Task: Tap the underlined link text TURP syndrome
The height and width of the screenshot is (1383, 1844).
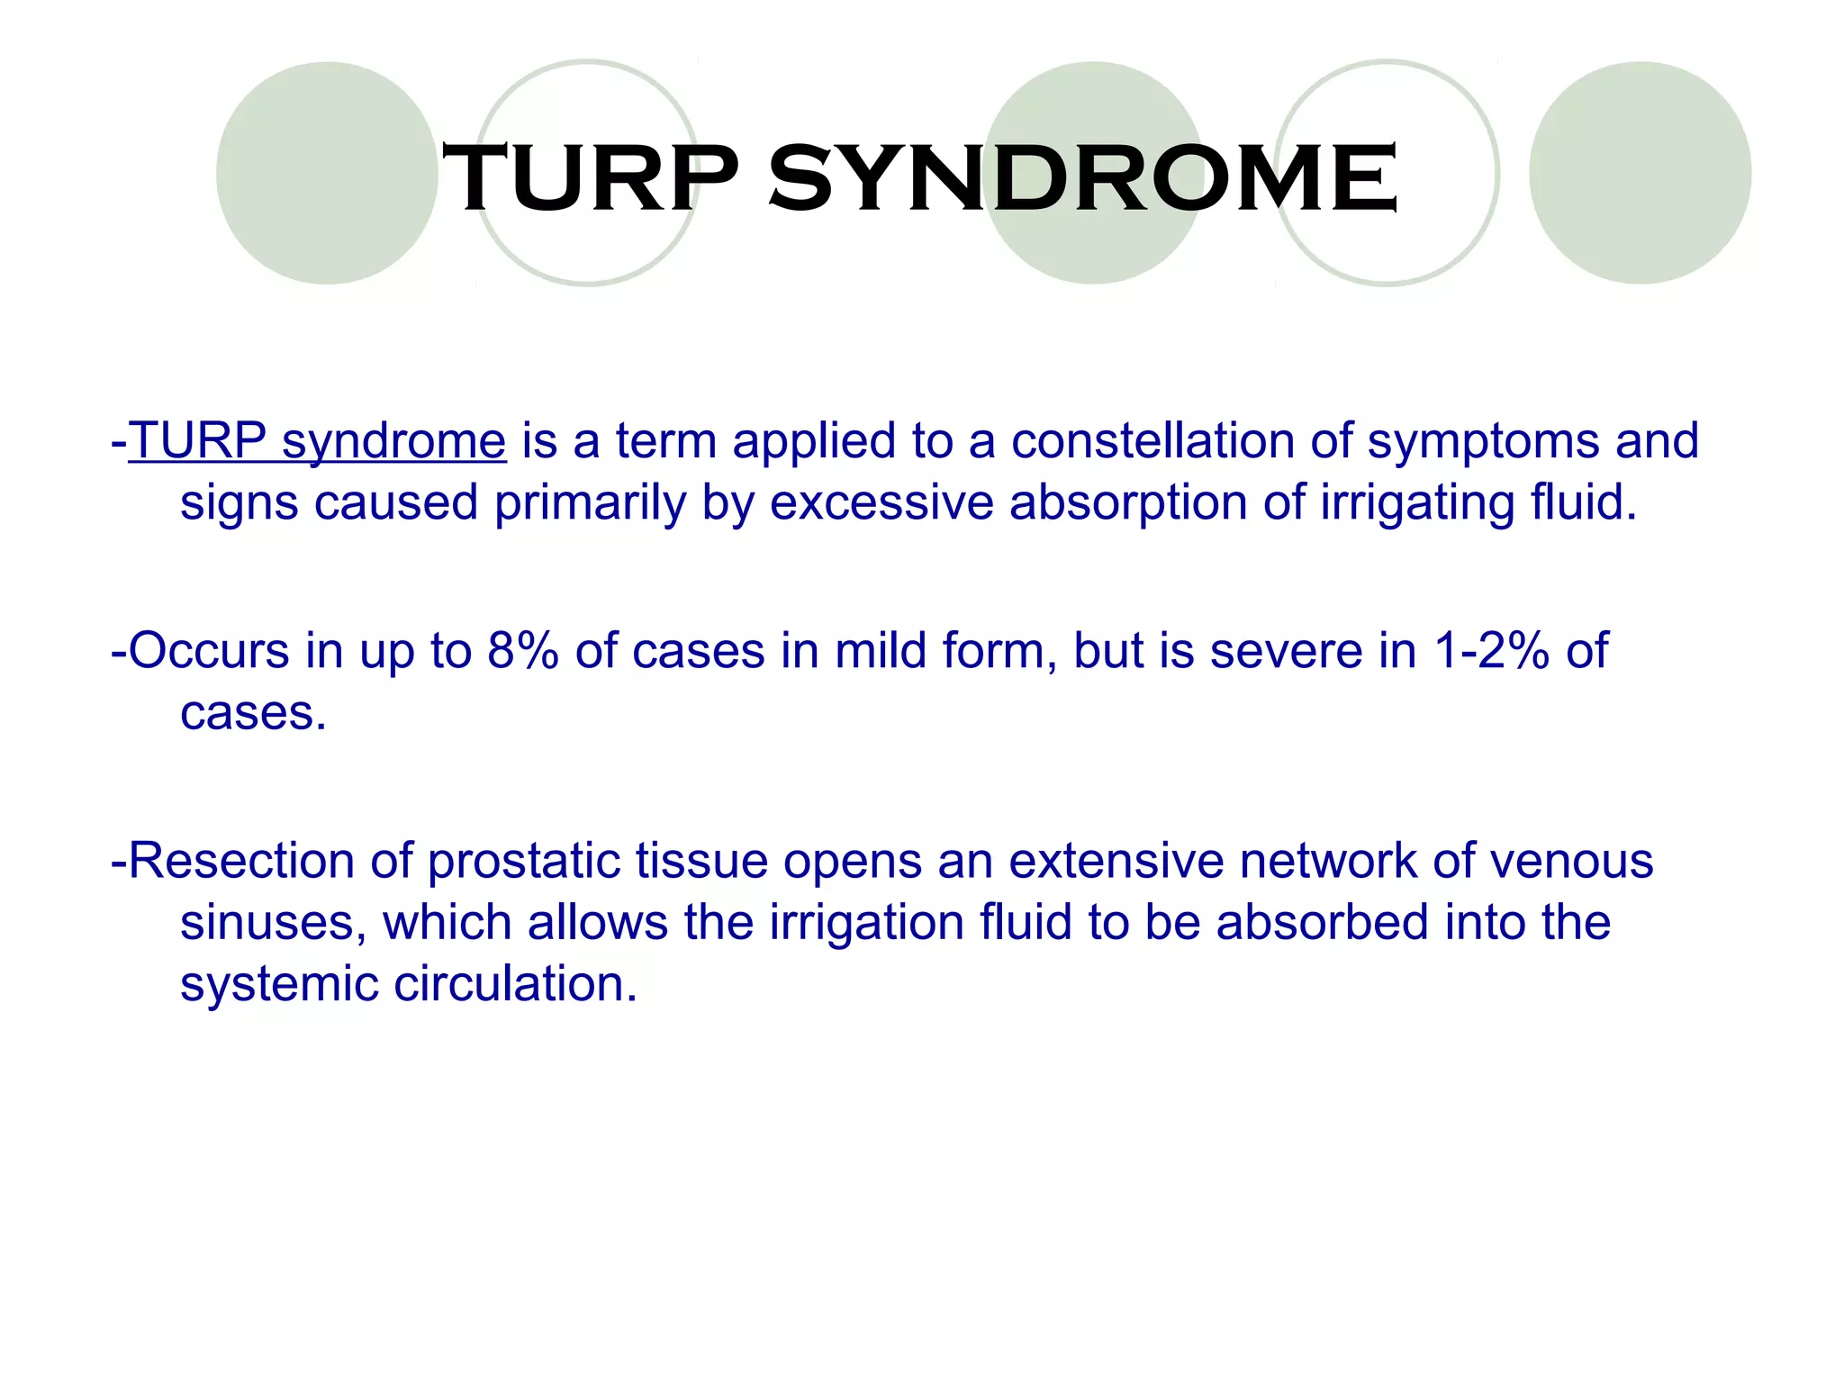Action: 317,441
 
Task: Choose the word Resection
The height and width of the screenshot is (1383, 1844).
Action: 241,860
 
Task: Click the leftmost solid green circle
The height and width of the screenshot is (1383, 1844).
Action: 327,173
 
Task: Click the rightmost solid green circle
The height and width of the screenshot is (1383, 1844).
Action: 1640,173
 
